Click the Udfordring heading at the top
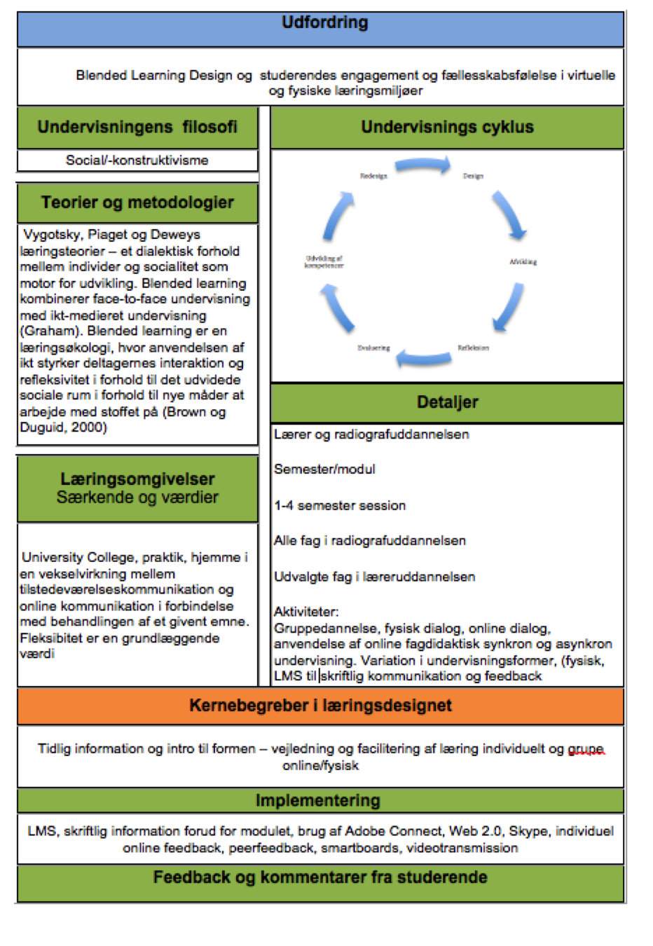pos(324,23)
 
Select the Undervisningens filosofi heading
pos(137,127)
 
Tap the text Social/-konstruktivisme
pos(137,160)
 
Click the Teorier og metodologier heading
pos(137,203)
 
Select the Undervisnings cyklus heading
pos(447,127)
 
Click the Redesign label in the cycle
pos(373,176)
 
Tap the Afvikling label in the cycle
pos(523,262)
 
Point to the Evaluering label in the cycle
pos(373,348)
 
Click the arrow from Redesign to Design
pos(422,166)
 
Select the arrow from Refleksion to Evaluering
pos(423,359)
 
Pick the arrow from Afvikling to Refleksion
pos(509,306)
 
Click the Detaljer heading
pos(447,402)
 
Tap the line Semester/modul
pos(324,469)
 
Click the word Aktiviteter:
pos(306,612)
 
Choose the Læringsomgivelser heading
pos(137,479)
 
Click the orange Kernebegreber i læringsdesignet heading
pos(320,706)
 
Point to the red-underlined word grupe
pos(586,749)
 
